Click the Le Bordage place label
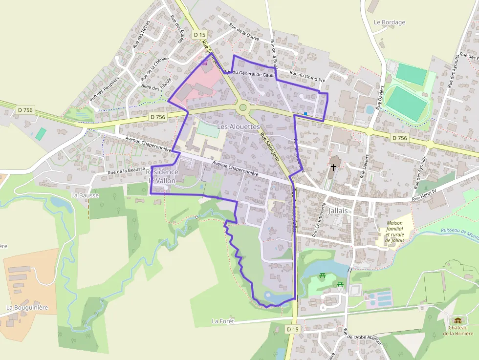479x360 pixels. pyautogui.click(x=390, y=22)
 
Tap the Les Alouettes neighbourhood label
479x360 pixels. pyautogui.click(x=238, y=127)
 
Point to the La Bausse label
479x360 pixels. pyautogui.click(x=85, y=195)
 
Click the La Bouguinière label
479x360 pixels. pyautogui.click(x=27, y=308)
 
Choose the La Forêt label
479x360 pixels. pyautogui.click(x=223, y=321)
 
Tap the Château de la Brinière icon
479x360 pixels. pyautogui.click(x=458, y=320)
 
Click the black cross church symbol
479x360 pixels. pyautogui.click(x=333, y=167)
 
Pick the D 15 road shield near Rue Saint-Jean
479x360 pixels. pyautogui.click(x=199, y=35)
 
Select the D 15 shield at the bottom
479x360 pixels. pyautogui.click(x=292, y=330)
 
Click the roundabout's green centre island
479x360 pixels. pyautogui.click(x=243, y=107)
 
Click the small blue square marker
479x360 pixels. pyautogui.click(x=305, y=114)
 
